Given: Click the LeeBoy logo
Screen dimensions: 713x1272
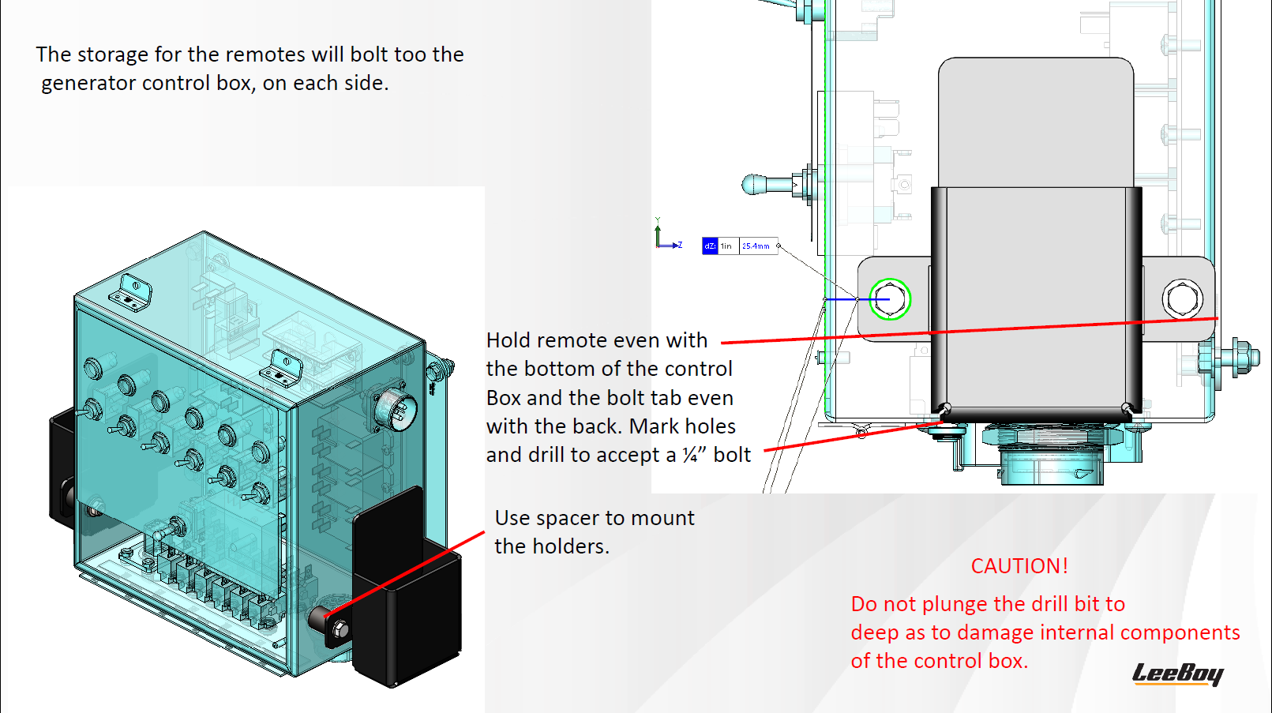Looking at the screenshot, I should coord(1177,674).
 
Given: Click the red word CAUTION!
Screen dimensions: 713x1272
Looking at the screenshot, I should coord(1019,566).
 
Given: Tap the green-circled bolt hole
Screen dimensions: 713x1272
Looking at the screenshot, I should coord(890,299).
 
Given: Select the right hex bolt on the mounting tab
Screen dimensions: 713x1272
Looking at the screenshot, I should coord(1182,298).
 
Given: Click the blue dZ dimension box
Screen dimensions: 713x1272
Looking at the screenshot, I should coord(710,246).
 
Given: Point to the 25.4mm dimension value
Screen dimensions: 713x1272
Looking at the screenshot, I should coord(756,246).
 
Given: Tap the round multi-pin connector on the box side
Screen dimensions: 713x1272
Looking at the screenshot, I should coord(395,410).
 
